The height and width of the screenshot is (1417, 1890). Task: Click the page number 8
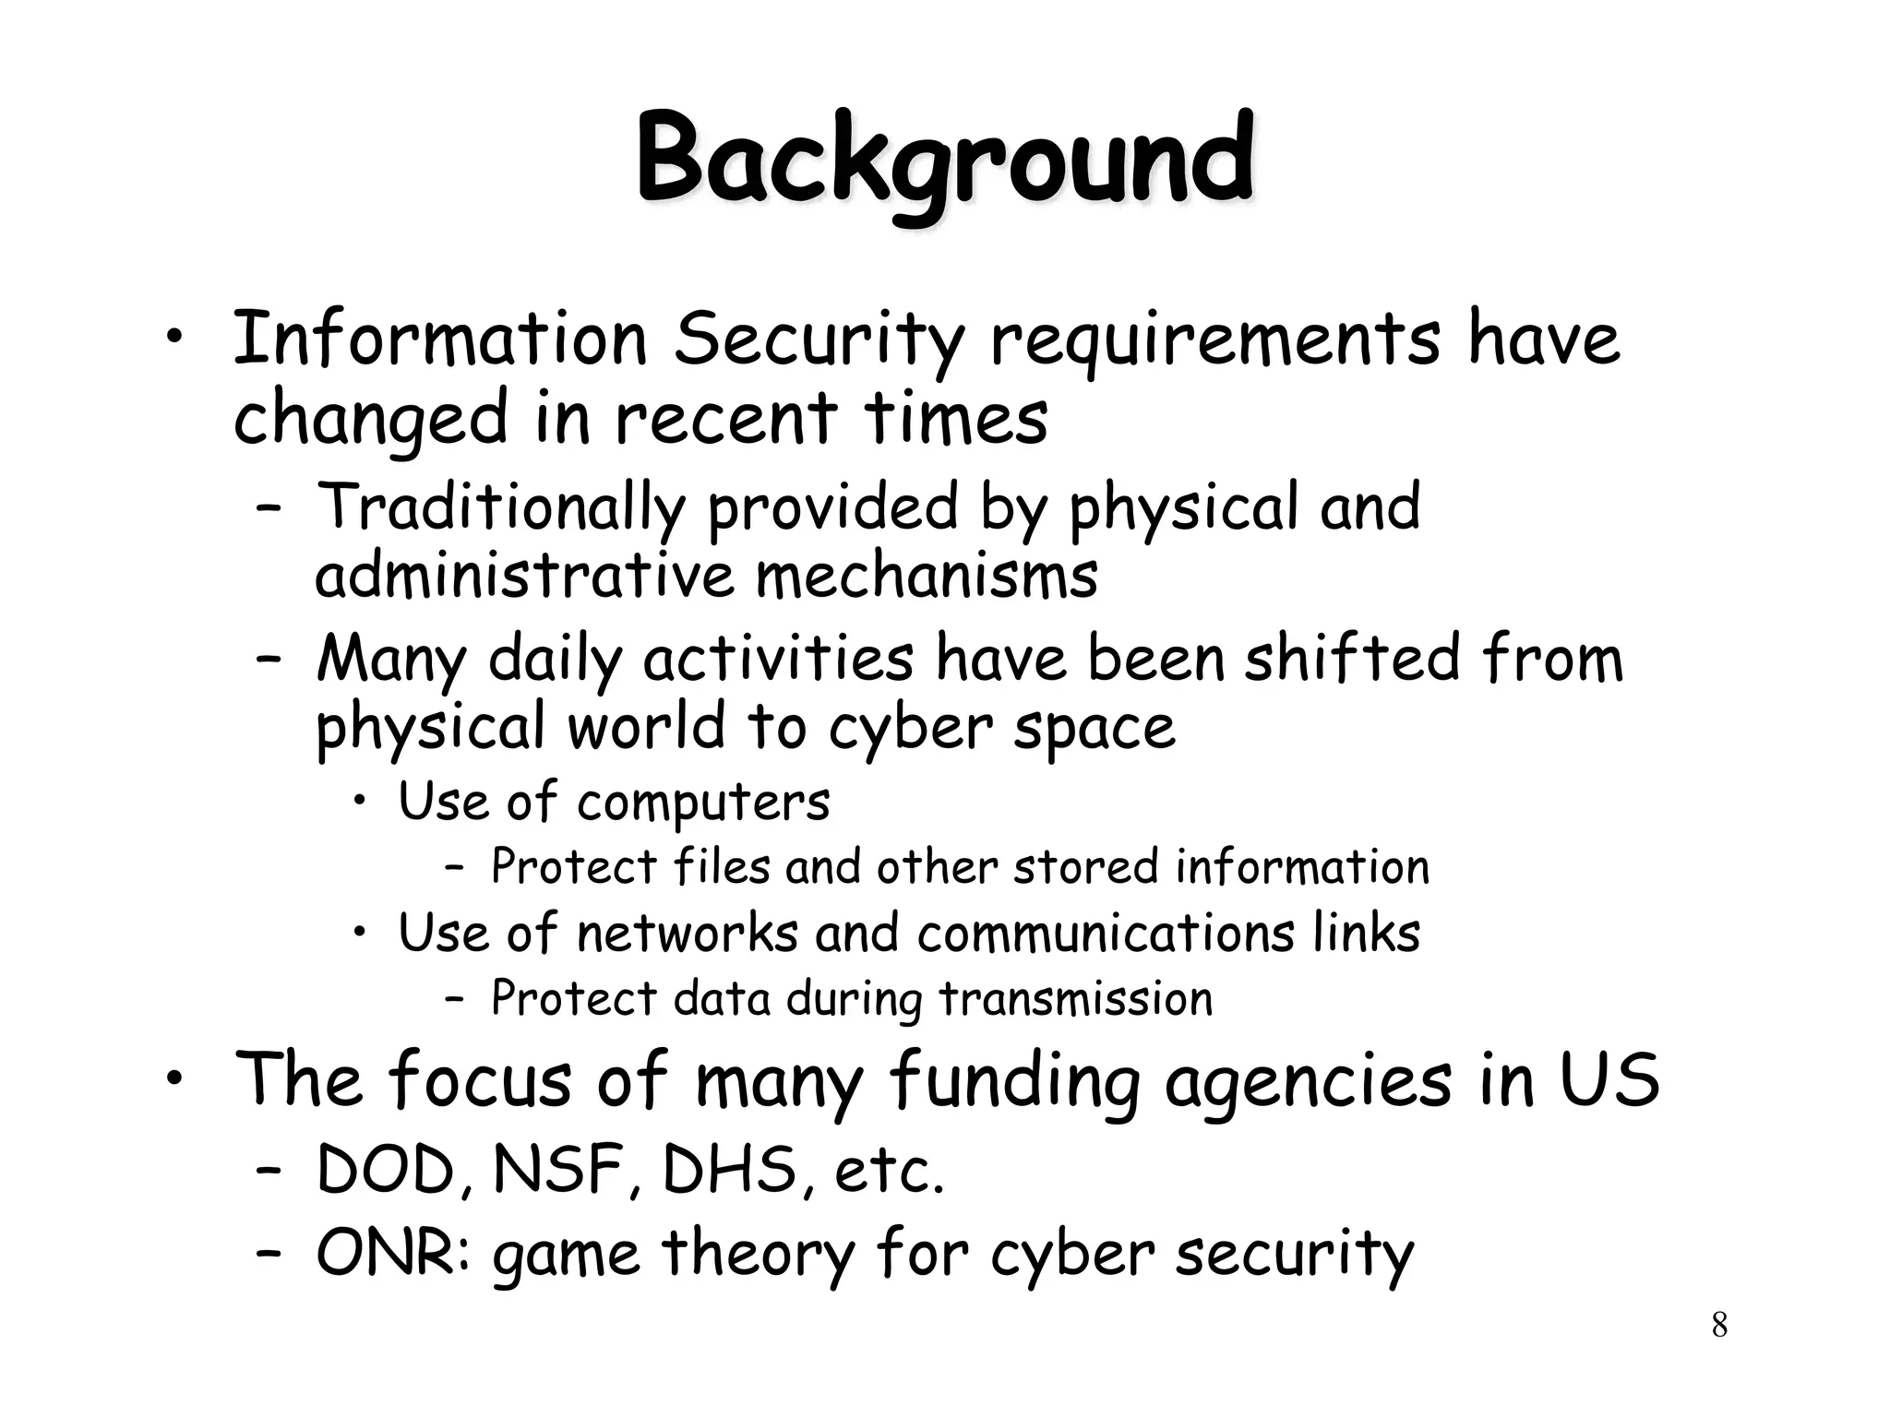point(1719,1326)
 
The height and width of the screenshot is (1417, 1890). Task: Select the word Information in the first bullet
point(440,339)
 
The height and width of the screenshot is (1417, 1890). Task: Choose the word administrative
point(523,576)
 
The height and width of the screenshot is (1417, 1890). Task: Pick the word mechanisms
point(927,576)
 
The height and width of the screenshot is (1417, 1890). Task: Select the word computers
point(703,803)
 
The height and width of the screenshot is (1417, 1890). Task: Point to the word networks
point(687,933)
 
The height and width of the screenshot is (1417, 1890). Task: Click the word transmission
point(1075,999)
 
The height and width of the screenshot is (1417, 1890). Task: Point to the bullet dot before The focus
point(176,1078)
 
